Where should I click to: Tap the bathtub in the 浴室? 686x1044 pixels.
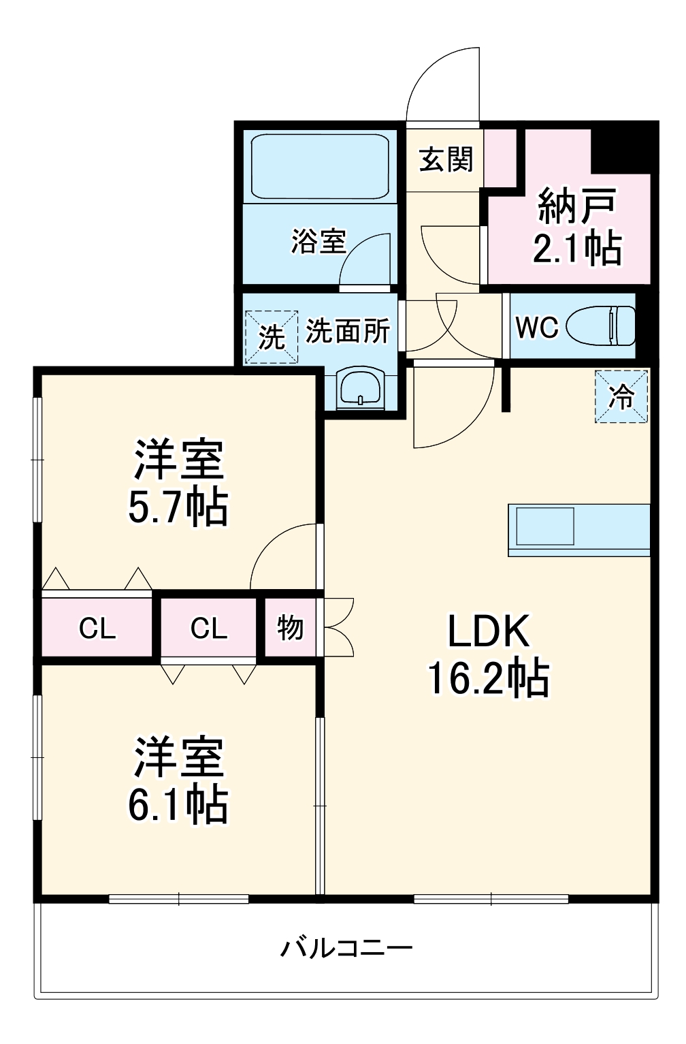[319, 166]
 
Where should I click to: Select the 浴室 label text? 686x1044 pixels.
[318, 241]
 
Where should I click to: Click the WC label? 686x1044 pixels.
[537, 328]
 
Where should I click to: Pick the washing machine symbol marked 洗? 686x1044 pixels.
[272, 336]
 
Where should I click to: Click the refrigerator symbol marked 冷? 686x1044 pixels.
[621, 396]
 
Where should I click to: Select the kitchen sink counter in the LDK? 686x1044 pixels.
[578, 530]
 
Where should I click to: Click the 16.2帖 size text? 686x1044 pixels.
[488, 678]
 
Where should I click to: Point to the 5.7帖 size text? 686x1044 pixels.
[178, 507]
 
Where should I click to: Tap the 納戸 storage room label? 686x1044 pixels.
[577, 206]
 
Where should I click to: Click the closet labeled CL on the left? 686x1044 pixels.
[97, 628]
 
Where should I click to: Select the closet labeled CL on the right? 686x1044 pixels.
[208, 628]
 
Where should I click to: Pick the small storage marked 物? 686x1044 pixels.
[290, 627]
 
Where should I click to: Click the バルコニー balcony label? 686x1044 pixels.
[346, 948]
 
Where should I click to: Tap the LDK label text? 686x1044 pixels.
[488, 631]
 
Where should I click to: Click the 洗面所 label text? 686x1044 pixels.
[347, 331]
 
